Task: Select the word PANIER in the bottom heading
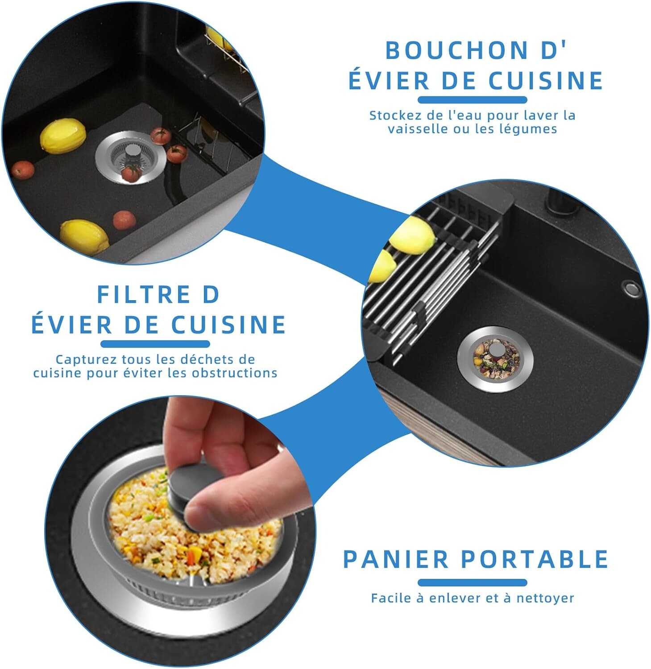pyautogui.click(x=395, y=559)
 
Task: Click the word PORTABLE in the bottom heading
pyautogui.click(x=535, y=559)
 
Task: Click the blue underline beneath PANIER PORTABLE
pyautogui.click(x=473, y=582)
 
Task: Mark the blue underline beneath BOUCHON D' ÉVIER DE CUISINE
pyautogui.click(x=473, y=100)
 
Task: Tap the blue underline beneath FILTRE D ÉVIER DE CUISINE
pyautogui.click(x=155, y=344)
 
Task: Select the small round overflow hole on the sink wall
pyautogui.click(x=631, y=288)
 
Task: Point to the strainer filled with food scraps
pyautogui.click(x=495, y=359)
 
